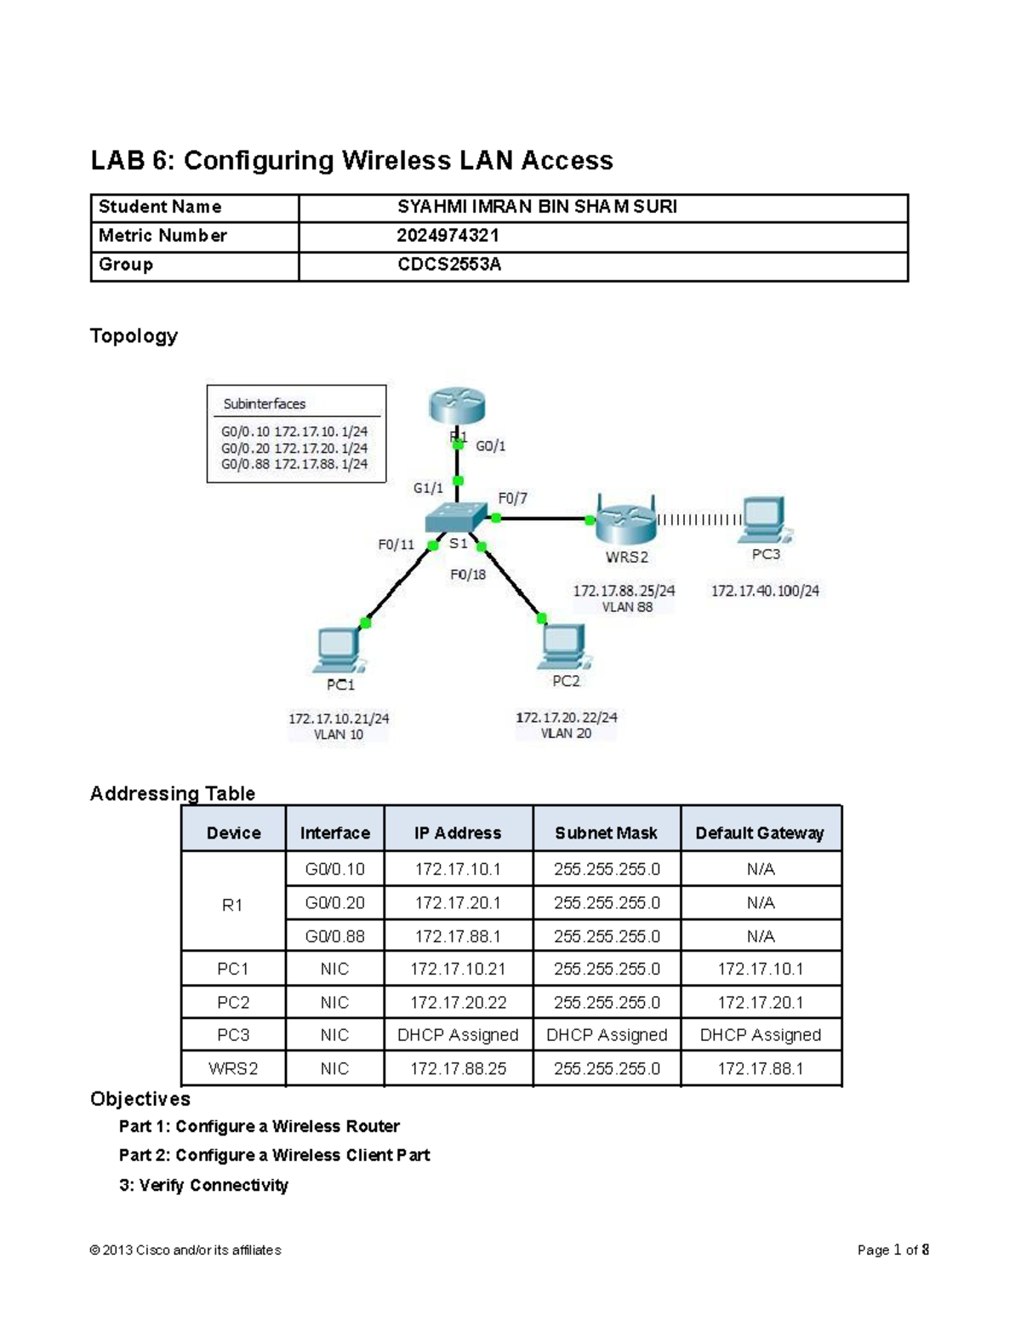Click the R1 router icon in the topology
(x=457, y=405)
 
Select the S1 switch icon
(x=457, y=517)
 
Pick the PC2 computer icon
(x=563, y=648)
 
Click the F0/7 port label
(x=512, y=498)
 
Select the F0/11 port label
(x=396, y=545)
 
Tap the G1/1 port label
(x=428, y=488)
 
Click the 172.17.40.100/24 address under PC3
(x=765, y=590)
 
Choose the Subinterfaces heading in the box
(x=264, y=403)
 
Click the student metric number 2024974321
(x=448, y=236)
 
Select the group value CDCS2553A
(x=449, y=265)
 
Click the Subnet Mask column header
(x=606, y=833)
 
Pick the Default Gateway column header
(x=759, y=833)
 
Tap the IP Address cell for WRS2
(x=458, y=1068)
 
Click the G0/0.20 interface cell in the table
(x=334, y=902)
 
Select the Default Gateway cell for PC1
(x=760, y=969)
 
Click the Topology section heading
(x=134, y=335)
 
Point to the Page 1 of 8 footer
(x=893, y=1250)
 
